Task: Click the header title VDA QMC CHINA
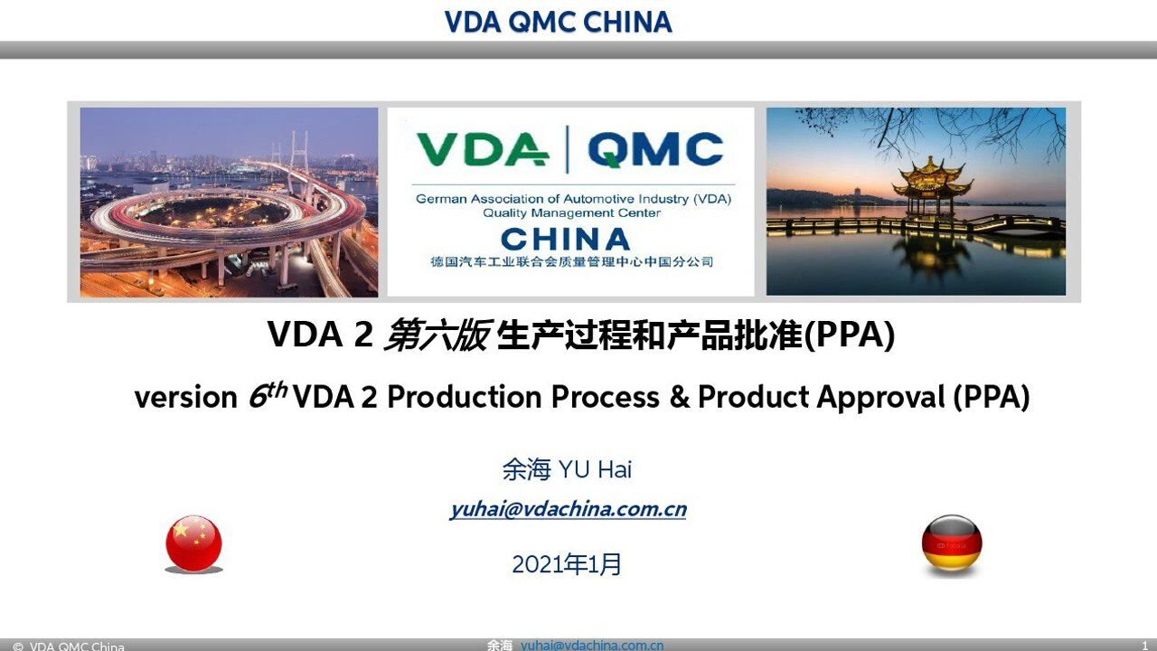click(x=558, y=23)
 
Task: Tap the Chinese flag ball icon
click(x=193, y=543)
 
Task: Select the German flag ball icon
click(x=952, y=543)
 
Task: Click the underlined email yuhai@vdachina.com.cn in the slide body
click(x=568, y=509)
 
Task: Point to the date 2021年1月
click(x=567, y=564)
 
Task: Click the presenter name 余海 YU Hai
click(x=567, y=470)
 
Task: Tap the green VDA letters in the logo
click(x=482, y=150)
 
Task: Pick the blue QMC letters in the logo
click(x=655, y=150)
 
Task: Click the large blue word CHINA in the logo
click(x=565, y=239)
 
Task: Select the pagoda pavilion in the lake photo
click(x=932, y=185)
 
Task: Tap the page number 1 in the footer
click(x=1145, y=646)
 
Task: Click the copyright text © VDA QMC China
click(x=69, y=646)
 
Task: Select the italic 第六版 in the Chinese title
click(x=437, y=336)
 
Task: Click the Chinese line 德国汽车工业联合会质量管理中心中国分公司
click(x=571, y=262)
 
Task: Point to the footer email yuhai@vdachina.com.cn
click(x=592, y=645)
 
